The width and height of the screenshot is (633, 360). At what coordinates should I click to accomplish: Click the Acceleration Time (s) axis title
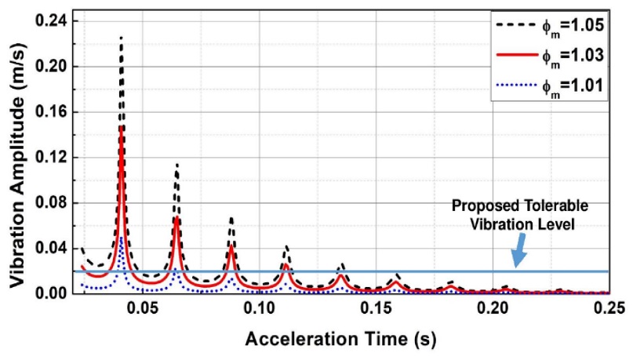click(x=341, y=340)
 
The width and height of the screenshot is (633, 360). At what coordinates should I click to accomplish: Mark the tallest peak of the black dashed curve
click(x=121, y=38)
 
